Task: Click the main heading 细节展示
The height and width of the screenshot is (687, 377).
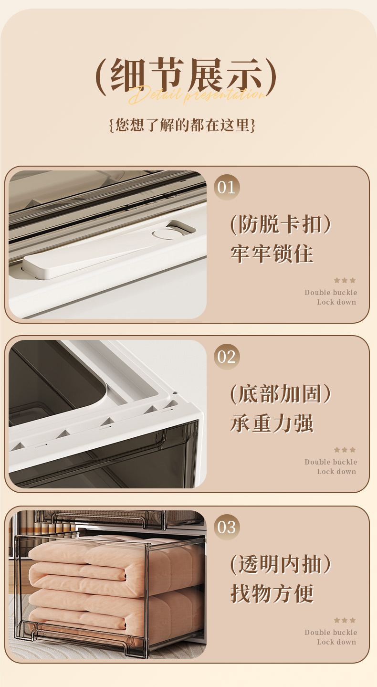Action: click(186, 75)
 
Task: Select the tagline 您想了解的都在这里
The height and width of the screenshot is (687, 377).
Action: click(182, 125)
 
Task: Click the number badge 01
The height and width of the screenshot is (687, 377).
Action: click(227, 187)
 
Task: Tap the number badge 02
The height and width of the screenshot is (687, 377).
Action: click(227, 357)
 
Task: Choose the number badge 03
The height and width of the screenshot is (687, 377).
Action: click(227, 527)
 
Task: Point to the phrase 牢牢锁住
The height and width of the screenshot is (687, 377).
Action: click(272, 254)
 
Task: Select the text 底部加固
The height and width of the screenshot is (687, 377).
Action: click(281, 394)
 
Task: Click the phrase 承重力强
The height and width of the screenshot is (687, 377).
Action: click(272, 423)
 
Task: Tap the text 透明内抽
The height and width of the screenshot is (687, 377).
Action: click(281, 565)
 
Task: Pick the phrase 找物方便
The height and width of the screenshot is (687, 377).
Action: click(272, 593)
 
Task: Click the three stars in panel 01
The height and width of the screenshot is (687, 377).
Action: click(345, 280)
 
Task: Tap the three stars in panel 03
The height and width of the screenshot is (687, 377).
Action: click(345, 620)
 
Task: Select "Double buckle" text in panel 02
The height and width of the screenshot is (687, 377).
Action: click(331, 462)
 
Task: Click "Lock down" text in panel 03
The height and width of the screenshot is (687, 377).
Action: click(336, 642)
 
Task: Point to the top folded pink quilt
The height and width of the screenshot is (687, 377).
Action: click(115, 554)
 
